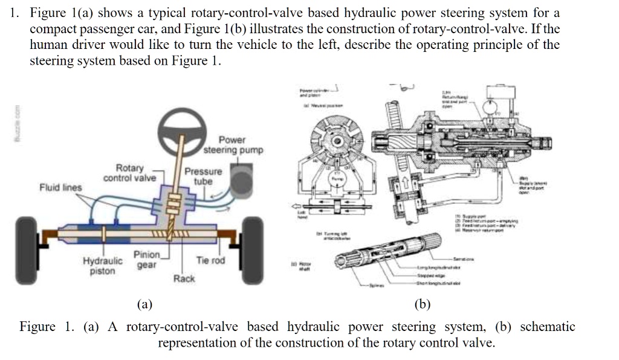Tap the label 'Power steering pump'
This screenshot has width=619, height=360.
tap(232, 145)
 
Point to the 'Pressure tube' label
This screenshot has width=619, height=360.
tap(203, 176)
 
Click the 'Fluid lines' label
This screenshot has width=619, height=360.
tap(60, 187)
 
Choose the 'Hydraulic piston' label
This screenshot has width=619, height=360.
tap(102, 266)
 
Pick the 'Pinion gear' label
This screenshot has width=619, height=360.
tap(146, 260)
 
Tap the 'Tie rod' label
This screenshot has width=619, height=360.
tap(210, 260)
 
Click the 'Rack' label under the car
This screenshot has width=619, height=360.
tap(184, 278)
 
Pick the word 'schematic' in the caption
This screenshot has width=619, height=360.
tap(547, 327)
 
